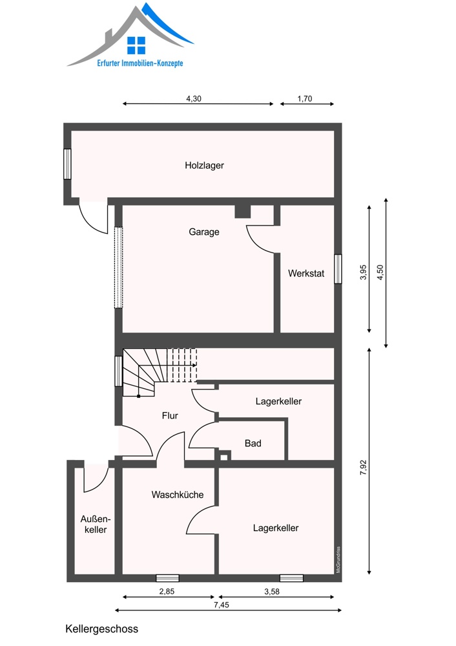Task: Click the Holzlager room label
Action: [204, 165]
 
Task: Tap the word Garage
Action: [204, 232]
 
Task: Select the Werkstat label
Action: [306, 273]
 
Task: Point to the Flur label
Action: [170, 415]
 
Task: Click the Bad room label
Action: [253, 443]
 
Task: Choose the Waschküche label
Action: [178, 494]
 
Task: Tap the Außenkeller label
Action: [96, 525]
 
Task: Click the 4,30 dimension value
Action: [194, 98]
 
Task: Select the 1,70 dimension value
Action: [305, 98]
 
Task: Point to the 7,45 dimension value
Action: [222, 605]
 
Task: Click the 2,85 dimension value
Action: [167, 591]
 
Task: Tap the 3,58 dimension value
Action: [272, 591]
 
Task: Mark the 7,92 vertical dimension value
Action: [363, 468]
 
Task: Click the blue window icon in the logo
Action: [136, 45]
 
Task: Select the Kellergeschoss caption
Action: [102, 629]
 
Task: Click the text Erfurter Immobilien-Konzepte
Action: [140, 63]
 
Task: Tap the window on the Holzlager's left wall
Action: [67, 164]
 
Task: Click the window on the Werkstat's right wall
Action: [338, 269]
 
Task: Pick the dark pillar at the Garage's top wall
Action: [243, 211]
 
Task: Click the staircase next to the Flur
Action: [160, 372]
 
